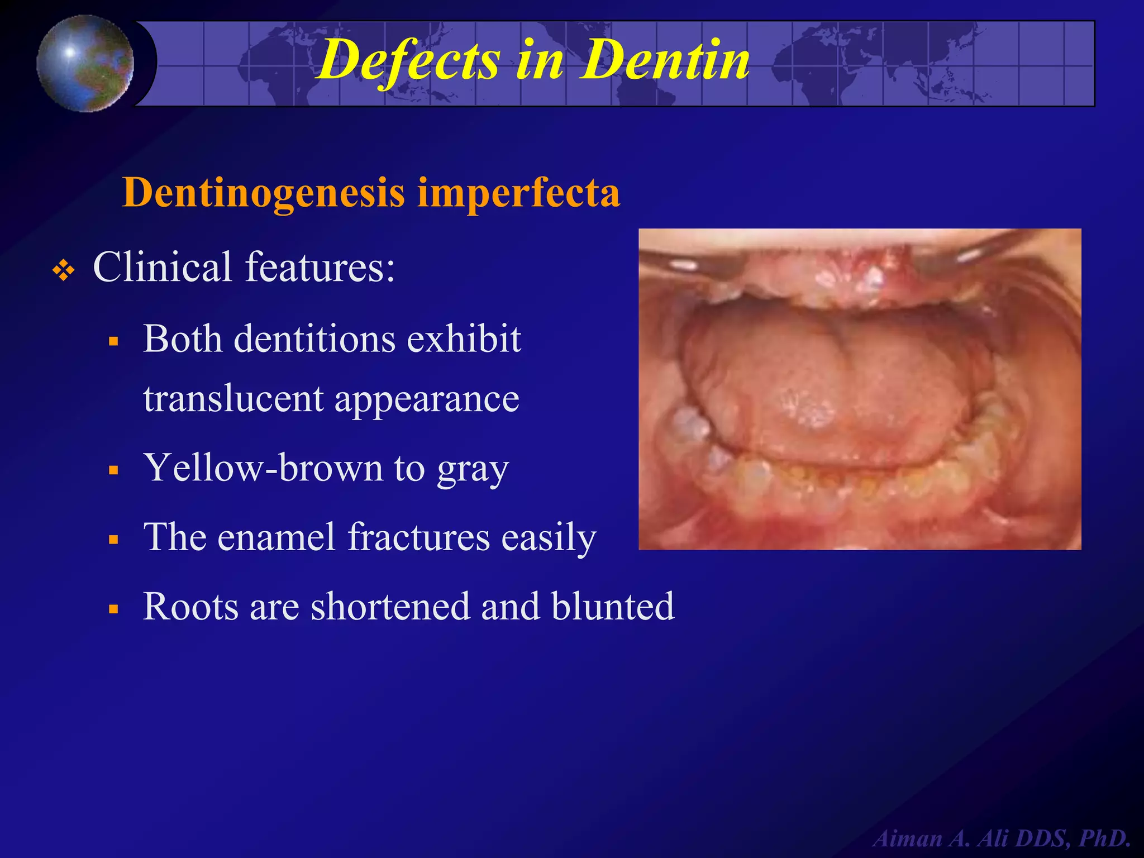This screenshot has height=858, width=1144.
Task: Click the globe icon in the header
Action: pos(85,63)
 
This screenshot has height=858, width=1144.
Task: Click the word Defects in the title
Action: pos(408,60)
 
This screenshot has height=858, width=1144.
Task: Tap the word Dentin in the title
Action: pos(665,59)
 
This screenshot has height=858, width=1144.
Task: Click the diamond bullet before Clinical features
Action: pos(63,271)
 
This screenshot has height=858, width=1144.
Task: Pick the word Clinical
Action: pos(162,266)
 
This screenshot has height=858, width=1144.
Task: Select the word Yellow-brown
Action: pos(263,468)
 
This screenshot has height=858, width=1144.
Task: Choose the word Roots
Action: pos(190,606)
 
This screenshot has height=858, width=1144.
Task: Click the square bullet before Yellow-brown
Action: pos(114,470)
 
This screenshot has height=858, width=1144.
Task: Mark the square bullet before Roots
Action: pos(114,609)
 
